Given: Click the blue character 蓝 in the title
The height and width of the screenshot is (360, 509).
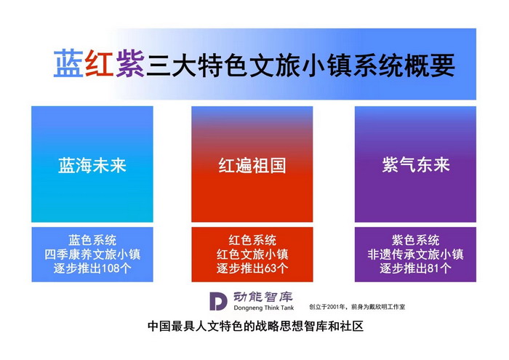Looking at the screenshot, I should (x=68, y=64).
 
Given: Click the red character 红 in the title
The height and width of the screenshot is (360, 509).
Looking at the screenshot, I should (x=99, y=64).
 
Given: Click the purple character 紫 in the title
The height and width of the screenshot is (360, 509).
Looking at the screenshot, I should (x=129, y=64).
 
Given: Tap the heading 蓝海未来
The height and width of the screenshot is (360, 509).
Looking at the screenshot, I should (x=92, y=165).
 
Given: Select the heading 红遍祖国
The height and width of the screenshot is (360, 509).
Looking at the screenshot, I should (x=252, y=165).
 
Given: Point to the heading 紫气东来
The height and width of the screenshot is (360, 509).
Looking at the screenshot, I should (x=416, y=164).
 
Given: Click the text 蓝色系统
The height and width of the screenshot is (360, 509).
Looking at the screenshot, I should (x=92, y=240).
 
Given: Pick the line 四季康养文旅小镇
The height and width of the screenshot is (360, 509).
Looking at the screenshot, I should (x=92, y=255).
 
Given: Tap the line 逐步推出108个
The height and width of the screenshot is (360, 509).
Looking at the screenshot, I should (x=92, y=268).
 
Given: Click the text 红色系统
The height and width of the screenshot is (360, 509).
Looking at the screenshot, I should (x=252, y=240).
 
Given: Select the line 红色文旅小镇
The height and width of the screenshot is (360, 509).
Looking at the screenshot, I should (x=252, y=255).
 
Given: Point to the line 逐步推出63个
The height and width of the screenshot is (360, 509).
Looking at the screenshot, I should (x=252, y=268).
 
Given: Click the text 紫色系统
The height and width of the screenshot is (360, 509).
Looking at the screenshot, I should (x=416, y=240).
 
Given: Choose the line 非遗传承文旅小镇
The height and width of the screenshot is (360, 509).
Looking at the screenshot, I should (x=416, y=255).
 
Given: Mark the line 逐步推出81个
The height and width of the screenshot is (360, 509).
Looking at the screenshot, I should (x=416, y=268).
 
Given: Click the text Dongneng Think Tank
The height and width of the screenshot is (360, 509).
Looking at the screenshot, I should (x=262, y=308).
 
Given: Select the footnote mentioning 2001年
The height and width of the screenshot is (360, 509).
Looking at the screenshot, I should (x=357, y=307).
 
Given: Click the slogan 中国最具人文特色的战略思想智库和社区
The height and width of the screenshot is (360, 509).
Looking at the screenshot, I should (x=254, y=327).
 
